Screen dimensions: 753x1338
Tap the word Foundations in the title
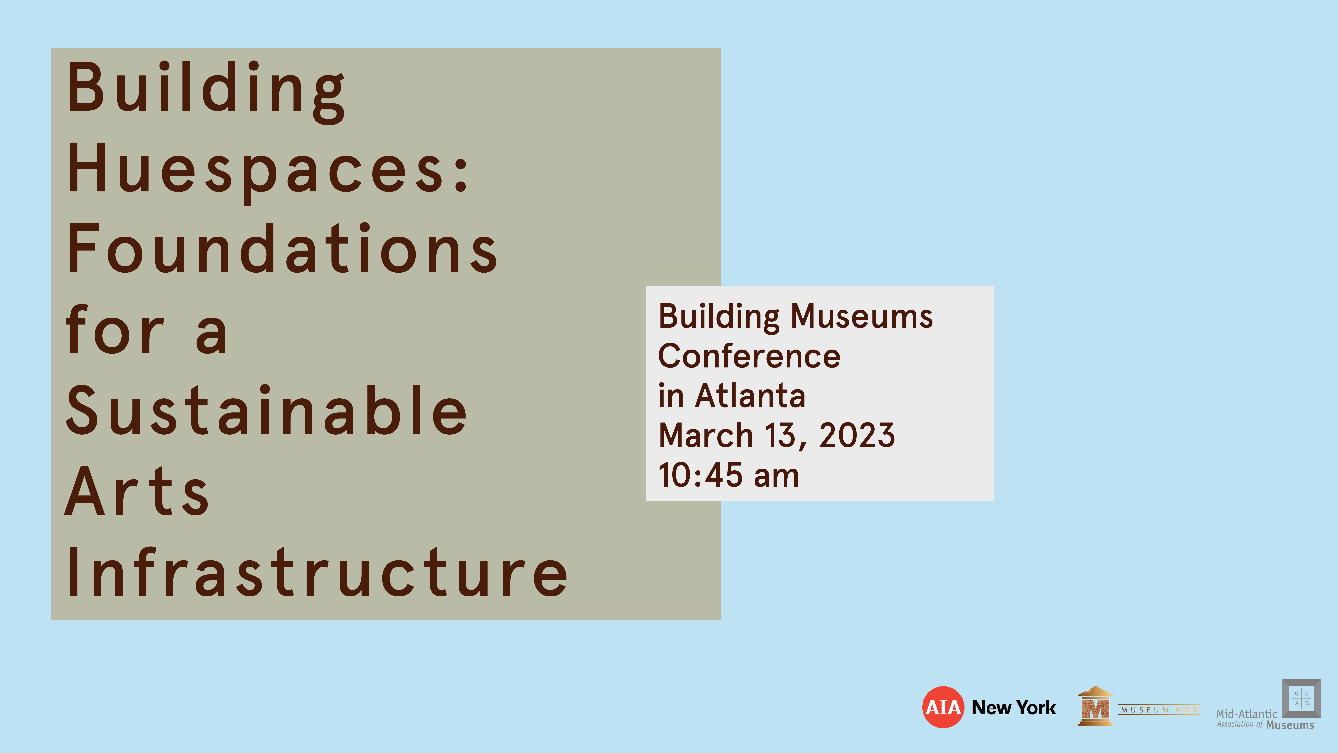tap(282, 249)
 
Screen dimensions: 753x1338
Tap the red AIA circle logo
tap(943, 707)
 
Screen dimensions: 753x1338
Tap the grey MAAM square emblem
tap(1301, 698)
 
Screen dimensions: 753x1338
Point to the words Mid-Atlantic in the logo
tap(1246, 714)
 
